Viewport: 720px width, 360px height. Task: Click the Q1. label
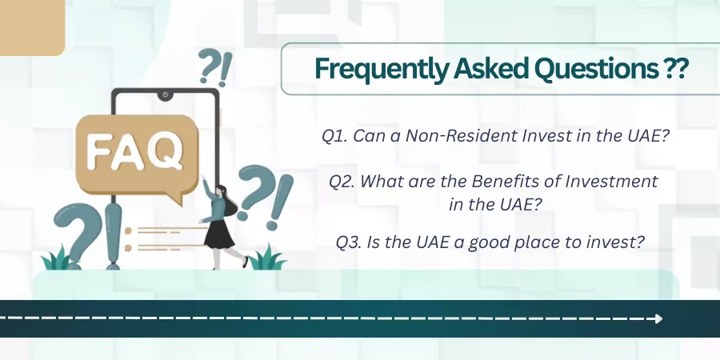(334, 136)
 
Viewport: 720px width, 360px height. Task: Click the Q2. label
(341, 182)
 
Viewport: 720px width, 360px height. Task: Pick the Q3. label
(349, 242)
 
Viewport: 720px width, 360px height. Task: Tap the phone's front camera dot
(165, 95)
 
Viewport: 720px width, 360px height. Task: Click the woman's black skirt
(218, 234)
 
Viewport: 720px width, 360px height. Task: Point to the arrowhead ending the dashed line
(659, 318)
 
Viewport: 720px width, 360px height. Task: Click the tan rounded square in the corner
(31, 27)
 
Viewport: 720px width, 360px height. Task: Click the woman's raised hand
(204, 178)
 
